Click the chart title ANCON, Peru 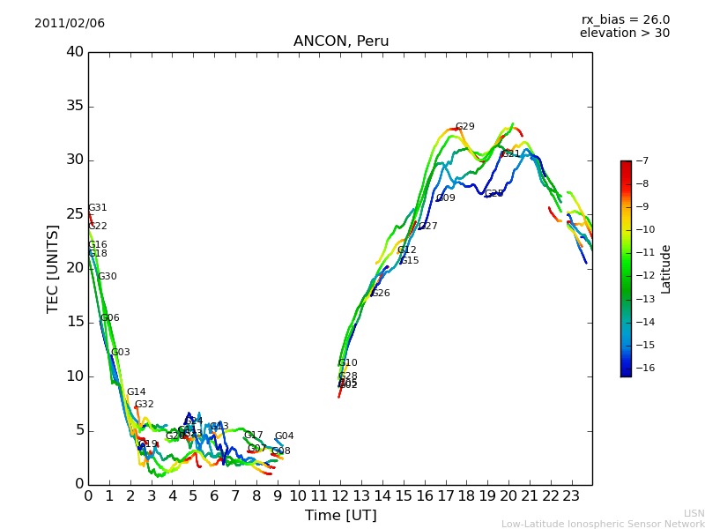[341, 41]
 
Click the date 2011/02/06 [70, 23]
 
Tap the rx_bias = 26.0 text [625, 19]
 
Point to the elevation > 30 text [624, 34]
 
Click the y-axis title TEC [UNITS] [53, 268]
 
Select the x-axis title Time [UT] [340, 515]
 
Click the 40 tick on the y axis [74, 52]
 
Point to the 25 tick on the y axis [74, 214]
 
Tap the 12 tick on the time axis [340, 495]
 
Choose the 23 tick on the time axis [571, 495]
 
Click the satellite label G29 [464, 127]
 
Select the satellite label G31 [97, 208]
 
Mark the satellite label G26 [380, 294]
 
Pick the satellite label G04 [284, 436]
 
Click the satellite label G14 [136, 392]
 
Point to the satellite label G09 [446, 198]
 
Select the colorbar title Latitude [666, 268]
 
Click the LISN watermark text [694, 513]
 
